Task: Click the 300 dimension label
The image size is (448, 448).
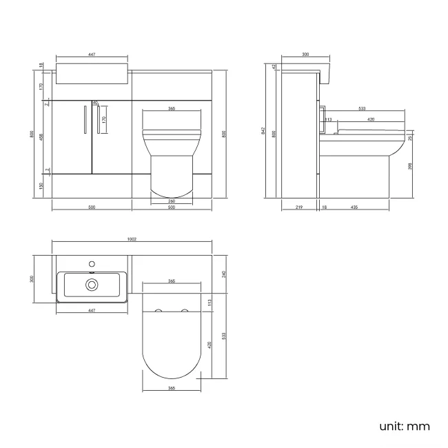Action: coord(305,54)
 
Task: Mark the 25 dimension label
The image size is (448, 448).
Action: coord(411,138)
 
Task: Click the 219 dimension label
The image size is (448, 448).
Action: coord(298,207)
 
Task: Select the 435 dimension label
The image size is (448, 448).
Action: coord(354,207)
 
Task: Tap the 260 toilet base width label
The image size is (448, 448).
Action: coord(170,201)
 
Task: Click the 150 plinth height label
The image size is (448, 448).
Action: coord(41,186)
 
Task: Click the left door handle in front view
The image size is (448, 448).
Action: coord(83,120)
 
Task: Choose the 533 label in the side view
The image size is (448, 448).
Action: coord(361,108)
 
